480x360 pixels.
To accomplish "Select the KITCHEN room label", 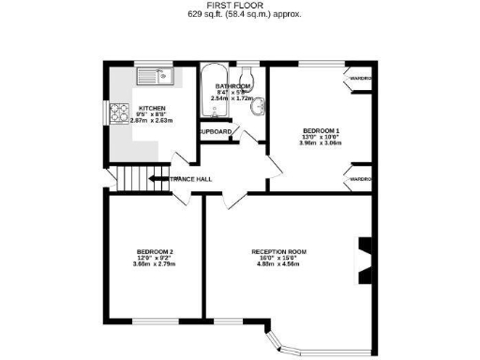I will click(x=152, y=108).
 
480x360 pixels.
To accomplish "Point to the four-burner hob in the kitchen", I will click(x=120, y=113).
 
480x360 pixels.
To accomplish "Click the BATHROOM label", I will click(x=229, y=86).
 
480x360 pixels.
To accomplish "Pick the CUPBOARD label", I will click(x=214, y=132).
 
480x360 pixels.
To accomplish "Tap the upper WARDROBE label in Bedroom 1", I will click(x=361, y=77).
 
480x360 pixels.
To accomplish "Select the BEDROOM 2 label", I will click(x=155, y=251).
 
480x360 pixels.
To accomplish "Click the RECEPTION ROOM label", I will click(x=278, y=251).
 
